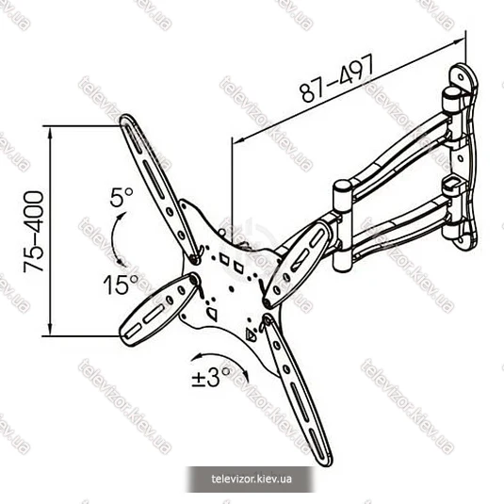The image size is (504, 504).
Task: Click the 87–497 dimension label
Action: pos(337,78)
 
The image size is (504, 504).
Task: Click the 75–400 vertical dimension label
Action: pos(33,232)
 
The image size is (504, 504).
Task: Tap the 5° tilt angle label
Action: pos(122,197)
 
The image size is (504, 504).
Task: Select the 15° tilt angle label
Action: pos(121,285)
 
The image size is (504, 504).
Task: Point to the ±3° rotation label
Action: pos(210,377)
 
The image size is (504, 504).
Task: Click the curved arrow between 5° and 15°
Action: pos(112,237)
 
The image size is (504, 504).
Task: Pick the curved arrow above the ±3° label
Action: pos(221,356)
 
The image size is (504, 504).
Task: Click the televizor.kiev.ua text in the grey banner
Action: pos(252,479)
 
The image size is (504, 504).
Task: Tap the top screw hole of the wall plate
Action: pos(461,77)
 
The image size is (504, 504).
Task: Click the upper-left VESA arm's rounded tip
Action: pos(126,120)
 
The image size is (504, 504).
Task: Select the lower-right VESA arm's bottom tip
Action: pos(324,459)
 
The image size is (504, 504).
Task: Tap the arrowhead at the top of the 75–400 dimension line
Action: pos(50,131)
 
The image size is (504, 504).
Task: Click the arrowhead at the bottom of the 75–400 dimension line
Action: pos(50,331)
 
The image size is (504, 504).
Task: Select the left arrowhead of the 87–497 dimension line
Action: pos(237,140)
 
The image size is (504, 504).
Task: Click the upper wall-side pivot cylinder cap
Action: pos(451,92)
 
